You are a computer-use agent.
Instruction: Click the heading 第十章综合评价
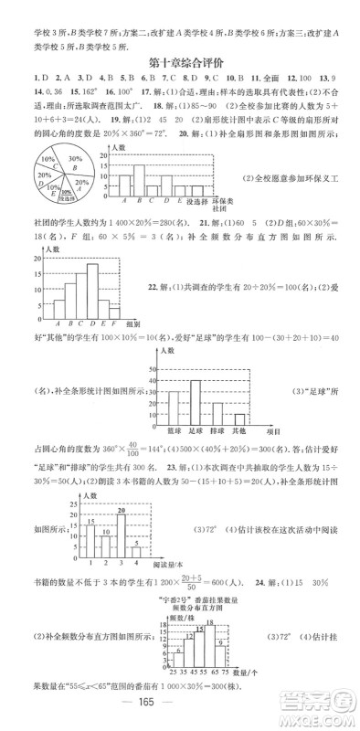[x=179, y=62]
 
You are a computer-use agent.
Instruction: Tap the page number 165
[x=179, y=714]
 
